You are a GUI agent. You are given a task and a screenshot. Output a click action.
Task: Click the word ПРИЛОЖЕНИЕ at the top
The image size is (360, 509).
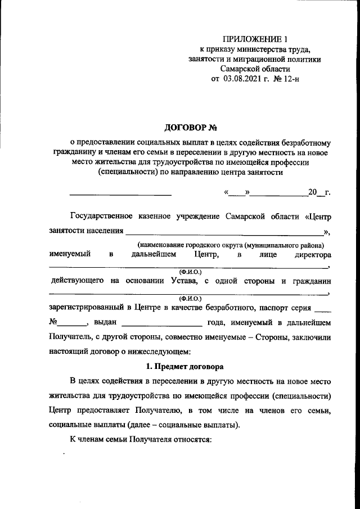point(250,39)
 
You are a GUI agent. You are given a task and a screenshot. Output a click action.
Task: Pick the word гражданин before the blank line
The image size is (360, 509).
point(309,280)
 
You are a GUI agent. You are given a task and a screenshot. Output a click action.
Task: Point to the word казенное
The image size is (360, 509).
point(156,216)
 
